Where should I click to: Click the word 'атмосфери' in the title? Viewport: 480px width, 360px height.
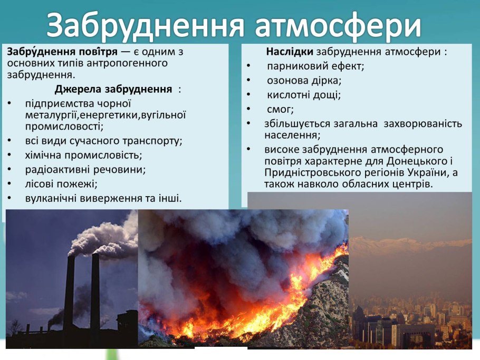click(x=338, y=26)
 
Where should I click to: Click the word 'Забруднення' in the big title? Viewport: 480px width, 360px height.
click(x=146, y=26)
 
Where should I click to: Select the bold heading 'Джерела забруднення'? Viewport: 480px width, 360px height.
click(x=113, y=89)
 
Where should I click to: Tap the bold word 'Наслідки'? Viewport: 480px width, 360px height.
click(x=290, y=52)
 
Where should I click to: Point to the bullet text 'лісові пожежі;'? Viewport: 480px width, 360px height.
click(x=61, y=184)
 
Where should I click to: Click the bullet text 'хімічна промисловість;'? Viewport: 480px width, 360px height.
click(x=83, y=155)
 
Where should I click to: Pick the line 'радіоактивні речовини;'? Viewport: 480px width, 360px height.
click(x=85, y=169)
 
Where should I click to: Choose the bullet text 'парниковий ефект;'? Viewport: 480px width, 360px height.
click(x=315, y=66)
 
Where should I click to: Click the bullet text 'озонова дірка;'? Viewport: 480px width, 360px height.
click(x=304, y=81)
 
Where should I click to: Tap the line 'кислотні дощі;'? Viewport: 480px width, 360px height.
click(x=304, y=95)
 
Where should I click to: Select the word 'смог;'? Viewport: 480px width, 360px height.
click(x=280, y=110)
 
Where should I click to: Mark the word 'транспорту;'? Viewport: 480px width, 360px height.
click(x=152, y=141)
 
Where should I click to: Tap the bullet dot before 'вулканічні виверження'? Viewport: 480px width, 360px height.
click(x=9, y=199)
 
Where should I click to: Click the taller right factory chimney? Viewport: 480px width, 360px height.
click(x=95, y=293)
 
